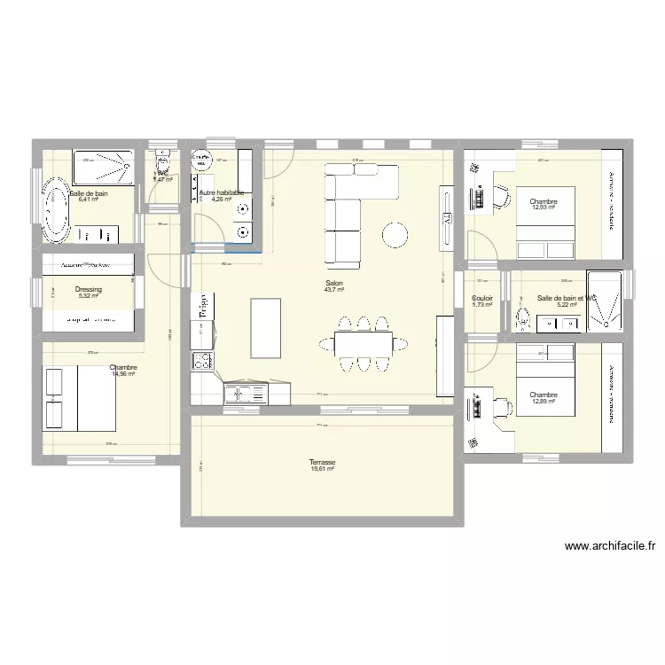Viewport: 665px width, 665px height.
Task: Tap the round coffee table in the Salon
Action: point(394,234)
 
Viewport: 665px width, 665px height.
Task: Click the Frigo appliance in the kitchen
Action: point(203,308)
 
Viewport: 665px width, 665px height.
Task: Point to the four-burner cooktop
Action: point(203,361)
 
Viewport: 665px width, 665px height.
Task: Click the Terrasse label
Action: point(322,462)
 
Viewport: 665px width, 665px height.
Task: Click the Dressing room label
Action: point(89,289)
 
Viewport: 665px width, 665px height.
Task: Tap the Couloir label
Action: point(482,298)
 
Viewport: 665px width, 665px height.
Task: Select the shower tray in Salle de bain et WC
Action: point(608,300)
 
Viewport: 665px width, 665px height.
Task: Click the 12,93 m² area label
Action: point(544,209)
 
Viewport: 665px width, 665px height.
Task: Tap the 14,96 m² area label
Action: point(123,374)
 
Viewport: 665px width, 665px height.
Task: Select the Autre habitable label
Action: point(221,192)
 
